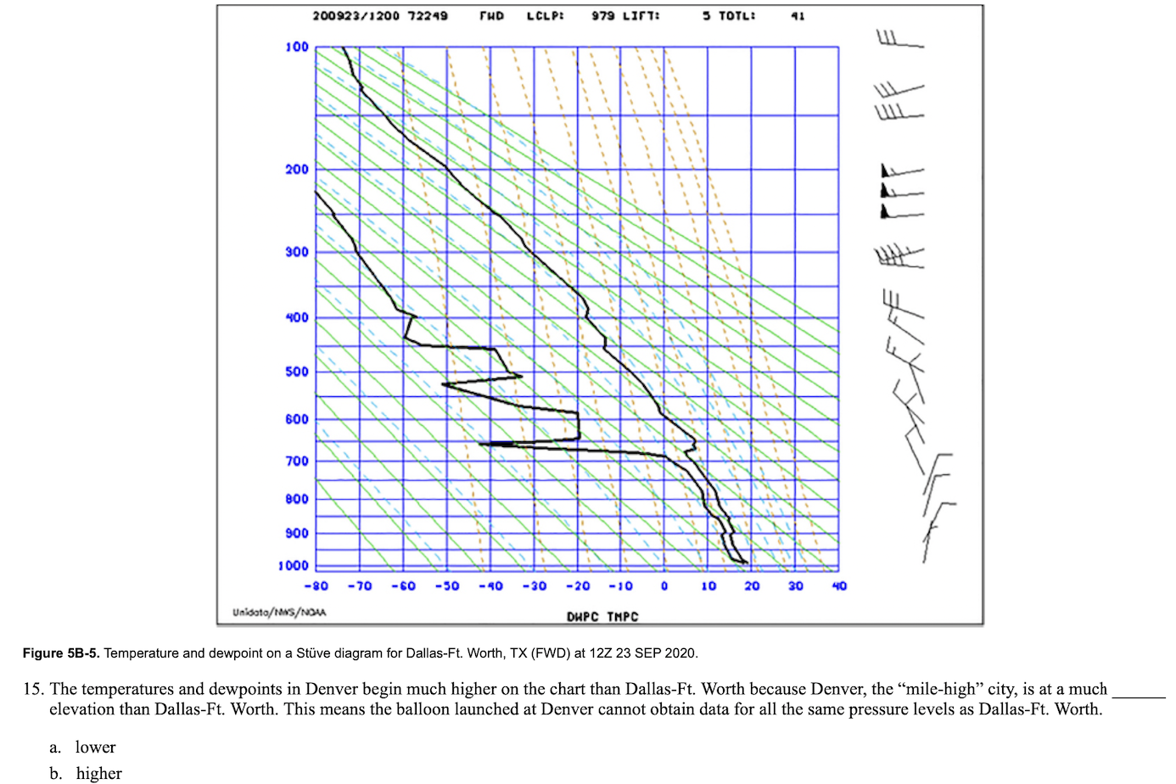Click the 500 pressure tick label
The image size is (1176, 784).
click(297, 372)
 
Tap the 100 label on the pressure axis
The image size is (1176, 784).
click(297, 48)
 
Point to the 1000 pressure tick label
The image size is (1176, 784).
click(294, 566)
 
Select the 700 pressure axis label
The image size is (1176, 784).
click(297, 461)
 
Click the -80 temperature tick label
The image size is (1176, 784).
click(316, 586)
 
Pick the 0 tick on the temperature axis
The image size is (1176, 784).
click(664, 586)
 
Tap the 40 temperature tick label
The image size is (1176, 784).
click(839, 586)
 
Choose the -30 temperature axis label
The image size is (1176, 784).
click(535, 586)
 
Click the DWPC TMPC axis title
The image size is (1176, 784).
click(602, 617)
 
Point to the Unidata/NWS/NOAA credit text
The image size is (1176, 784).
click(279, 613)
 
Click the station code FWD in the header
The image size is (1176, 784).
click(491, 16)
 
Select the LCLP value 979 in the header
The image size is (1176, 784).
click(603, 16)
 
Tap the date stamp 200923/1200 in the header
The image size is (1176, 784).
click(356, 16)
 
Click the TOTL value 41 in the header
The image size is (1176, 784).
click(798, 16)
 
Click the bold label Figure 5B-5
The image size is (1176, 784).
click(61, 653)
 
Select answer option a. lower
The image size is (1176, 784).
click(82, 747)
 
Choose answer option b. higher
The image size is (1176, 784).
click(86, 774)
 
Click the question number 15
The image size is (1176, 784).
click(34, 689)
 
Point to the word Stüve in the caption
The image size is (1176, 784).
click(312, 653)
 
